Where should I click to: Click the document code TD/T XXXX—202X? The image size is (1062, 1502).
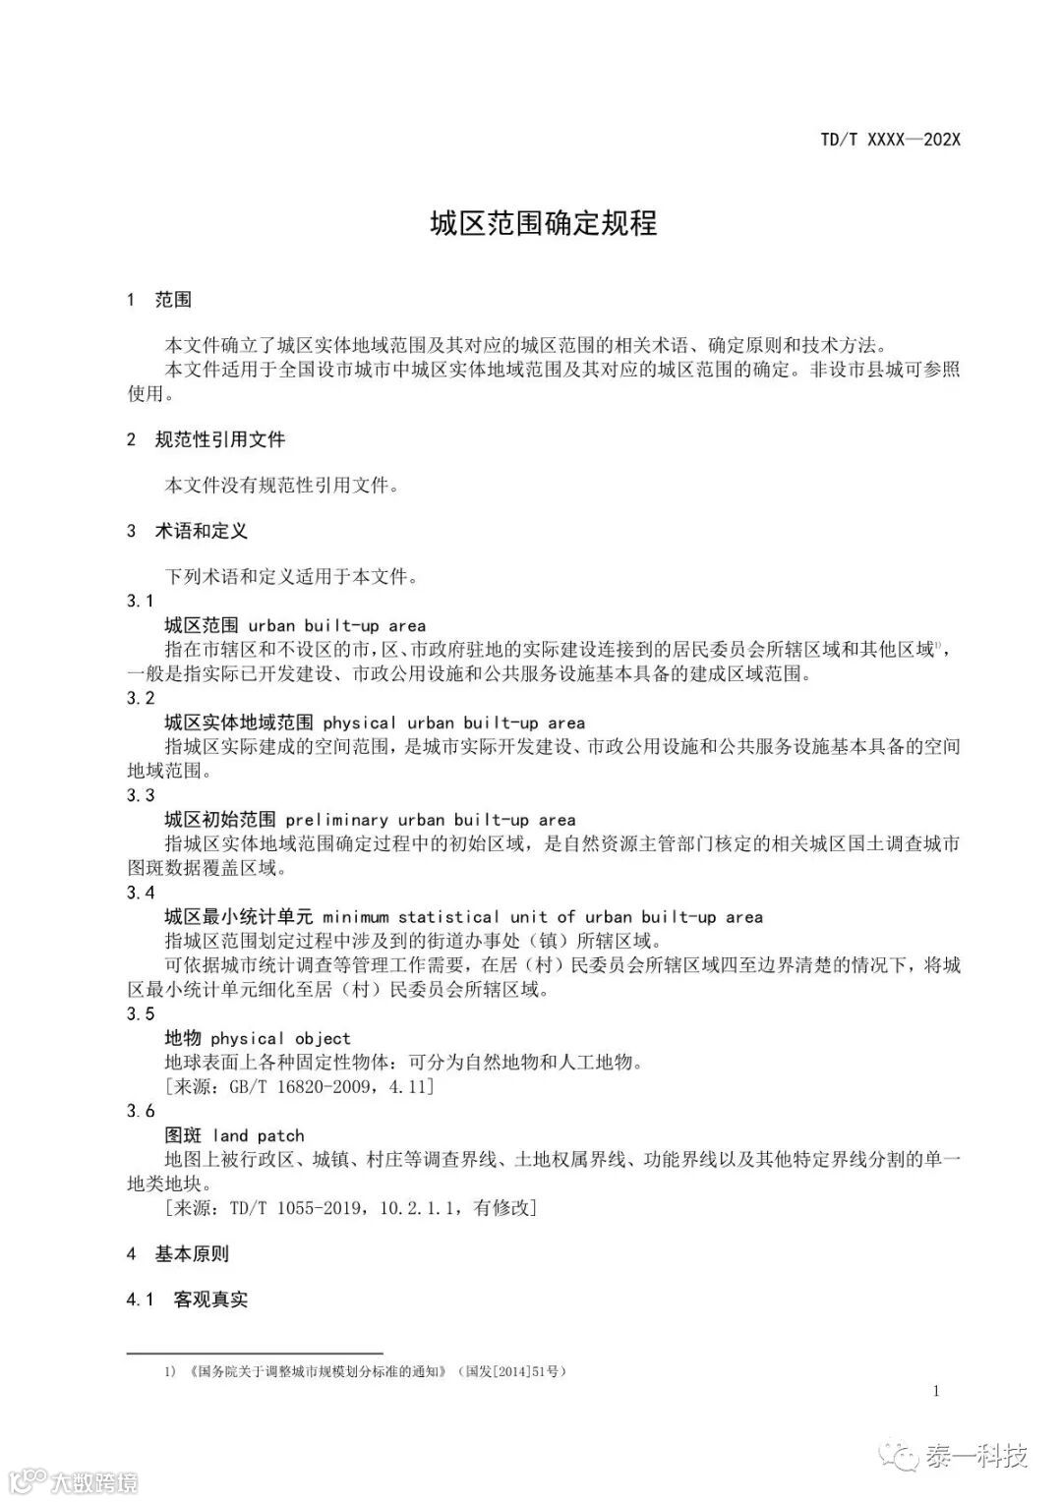pyautogui.click(x=889, y=140)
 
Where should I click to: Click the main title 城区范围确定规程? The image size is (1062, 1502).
pyautogui.click(x=543, y=223)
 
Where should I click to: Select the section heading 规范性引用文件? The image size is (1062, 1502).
pyautogui.click(x=220, y=439)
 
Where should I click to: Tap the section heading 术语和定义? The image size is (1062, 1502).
pyautogui.click(x=202, y=531)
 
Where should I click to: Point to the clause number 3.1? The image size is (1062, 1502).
pyautogui.click(x=141, y=601)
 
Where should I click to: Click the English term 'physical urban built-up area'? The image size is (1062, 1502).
pyautogui.click(x=453, y=722)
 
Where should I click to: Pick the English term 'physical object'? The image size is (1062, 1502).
pyautogui.click(x=280, y=1038)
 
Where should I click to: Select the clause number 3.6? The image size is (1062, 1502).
pyautogui.click(x=141, y=1111)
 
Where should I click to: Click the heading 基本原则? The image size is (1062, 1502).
pyautogui.click(x=192, y=1254)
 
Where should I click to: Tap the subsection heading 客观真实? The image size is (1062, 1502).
pyautogui.click(x=210, y=1300)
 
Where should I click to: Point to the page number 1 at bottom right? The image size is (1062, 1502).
pyautogui.click(x=935, y=1390)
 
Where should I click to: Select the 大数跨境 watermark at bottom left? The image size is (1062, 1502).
pyautogui.click(x=94, y=1481)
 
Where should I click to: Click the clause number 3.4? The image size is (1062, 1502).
pyautogui.click(x=141, y=893)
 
